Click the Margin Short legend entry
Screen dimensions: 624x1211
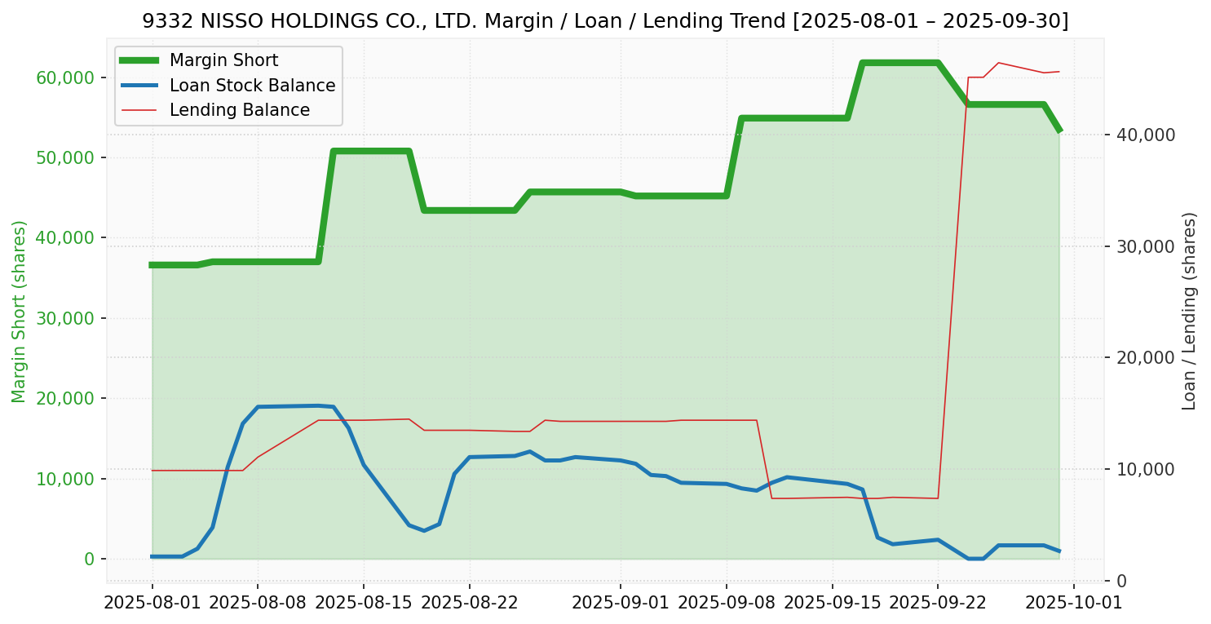(223, 60)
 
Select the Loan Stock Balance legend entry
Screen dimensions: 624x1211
(252, 86)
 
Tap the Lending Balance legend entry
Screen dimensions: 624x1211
(239, 110)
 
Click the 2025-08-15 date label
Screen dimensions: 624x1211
(364, 603)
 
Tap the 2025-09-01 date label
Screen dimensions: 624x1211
(621, 603)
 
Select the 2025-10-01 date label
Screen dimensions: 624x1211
(1074, 603)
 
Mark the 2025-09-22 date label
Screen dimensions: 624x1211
(938, 603)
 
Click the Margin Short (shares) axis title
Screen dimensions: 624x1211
(19, 312)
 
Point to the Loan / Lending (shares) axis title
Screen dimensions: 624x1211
(1189, 311)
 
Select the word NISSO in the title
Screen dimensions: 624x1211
(220, 21)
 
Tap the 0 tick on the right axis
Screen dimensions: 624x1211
(1121, 581)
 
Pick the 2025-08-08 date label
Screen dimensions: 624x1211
(258, 603)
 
